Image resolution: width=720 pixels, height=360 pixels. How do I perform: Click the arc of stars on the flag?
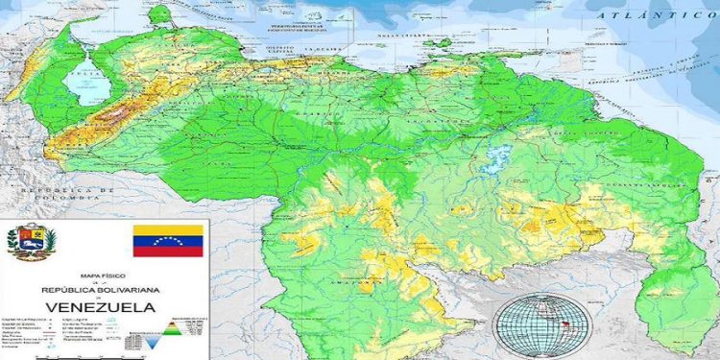[x=168, y=239]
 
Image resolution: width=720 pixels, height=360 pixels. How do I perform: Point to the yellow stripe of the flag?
[x=168, y=229]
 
